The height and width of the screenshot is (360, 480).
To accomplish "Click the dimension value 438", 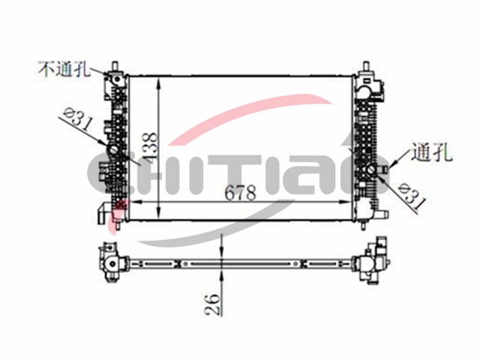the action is click(x=151, y=146).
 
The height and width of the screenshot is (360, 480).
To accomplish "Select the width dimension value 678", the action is click(x=241, y=193).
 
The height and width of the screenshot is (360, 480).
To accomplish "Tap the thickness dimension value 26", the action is click(x=213, y=304).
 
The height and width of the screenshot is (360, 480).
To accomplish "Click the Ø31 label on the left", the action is click(x=78, y=120).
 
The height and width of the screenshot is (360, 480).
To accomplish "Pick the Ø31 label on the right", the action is click(x=412, y=196).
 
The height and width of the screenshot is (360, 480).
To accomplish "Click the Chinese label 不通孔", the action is click(x=64, y=69).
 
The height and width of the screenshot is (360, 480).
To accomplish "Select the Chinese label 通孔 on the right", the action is click(x=432, y=152).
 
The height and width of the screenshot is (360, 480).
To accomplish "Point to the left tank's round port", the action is click(x=113, y=150).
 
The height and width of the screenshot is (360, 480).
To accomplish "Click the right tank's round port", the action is click(x=372, y=170).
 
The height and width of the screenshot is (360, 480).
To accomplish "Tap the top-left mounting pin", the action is click(x=115, y=66).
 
